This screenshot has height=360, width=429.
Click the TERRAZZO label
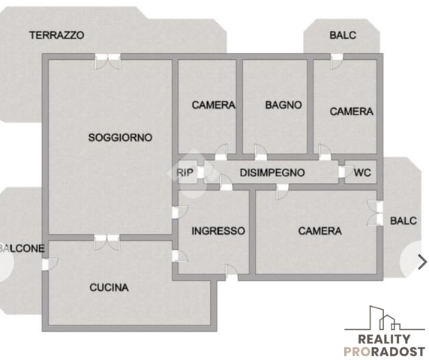coord(57,35)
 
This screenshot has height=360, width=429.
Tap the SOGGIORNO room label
coord(120,137)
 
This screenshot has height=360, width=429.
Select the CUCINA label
coord(109,287)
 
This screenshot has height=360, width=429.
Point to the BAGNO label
coord(283,105)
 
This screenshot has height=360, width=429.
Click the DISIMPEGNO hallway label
coord(272,172)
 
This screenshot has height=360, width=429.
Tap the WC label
coord(362,172)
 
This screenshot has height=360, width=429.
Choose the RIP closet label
coord(184,172)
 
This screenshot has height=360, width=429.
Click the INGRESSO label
coord(218,231)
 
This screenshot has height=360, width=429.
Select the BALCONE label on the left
coord(22,248)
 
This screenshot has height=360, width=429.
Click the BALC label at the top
coord(343,35)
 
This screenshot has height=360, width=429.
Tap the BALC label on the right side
coord(403,220)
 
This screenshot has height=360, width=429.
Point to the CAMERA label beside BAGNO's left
coord(214,105)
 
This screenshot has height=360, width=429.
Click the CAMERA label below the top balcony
coord(351,111)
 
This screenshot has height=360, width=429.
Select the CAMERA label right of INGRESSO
coord(319,231)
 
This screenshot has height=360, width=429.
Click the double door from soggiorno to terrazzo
coord(107,61)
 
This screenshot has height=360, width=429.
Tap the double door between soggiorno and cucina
coord(106,242)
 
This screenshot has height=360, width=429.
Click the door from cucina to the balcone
coord(50,264)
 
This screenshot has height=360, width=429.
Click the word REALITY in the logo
coord(384,339)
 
